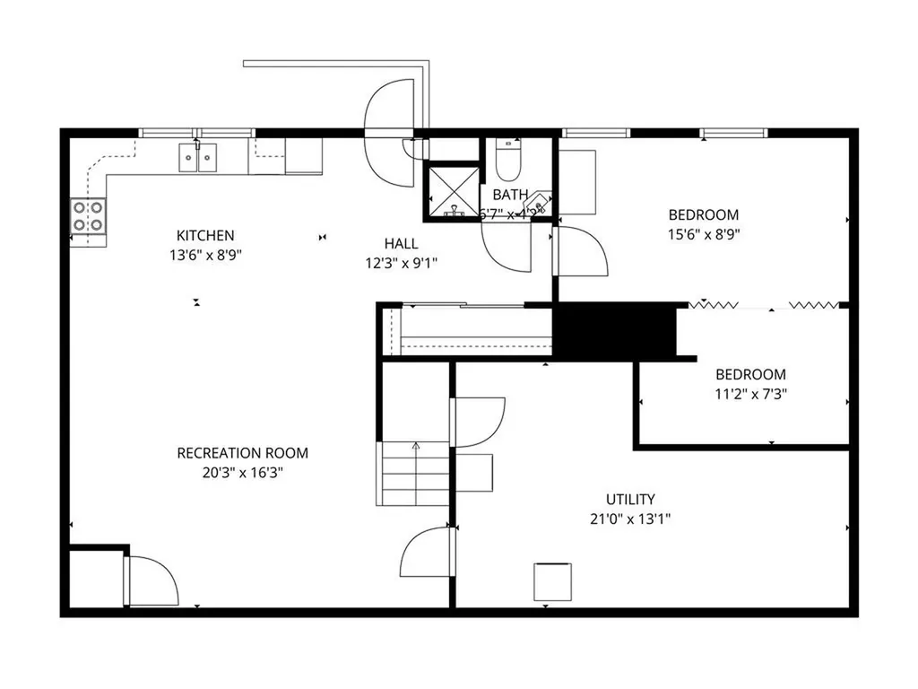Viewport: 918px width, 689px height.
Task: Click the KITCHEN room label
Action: pyautogui.click(x=205, y=235)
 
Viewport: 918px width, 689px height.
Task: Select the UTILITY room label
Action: pyautogui.click(x=630, y=499)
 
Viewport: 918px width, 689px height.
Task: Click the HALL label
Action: pyautogui.click(x=401, y=243)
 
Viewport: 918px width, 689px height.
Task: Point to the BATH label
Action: pyautogui.click(x=510, y=194)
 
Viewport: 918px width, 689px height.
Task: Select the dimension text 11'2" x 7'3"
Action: pyautogui.click(x=750, y=393)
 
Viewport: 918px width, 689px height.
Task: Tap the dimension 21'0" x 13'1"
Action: pyautogui.click(x=630, y=518)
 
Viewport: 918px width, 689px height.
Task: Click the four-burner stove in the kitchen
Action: pyautogui.click(x=88, y=216)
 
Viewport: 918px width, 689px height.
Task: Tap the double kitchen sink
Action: pyautogui.click(x=198, y=157)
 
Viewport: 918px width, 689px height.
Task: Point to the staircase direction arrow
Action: pyautogui.click(x=416, y=446)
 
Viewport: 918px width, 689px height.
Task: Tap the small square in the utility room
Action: pyautogui.click(x=552, y=581)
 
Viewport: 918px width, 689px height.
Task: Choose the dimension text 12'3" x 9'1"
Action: pyautogui.click(x=401, y=263)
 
